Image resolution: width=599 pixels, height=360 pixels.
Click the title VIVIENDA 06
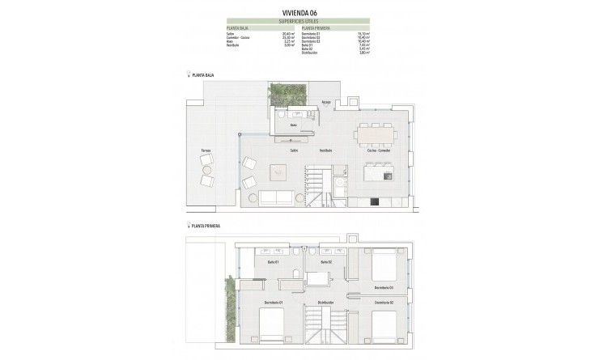299,12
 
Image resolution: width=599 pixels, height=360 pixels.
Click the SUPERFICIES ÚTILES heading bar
299,21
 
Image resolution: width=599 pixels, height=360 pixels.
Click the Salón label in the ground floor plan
284,150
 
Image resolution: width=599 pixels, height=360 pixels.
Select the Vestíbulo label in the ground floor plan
325,150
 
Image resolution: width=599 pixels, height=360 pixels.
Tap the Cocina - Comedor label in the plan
379,150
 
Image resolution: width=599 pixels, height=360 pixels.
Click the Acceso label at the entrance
325,103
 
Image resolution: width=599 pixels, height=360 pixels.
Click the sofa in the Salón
278,197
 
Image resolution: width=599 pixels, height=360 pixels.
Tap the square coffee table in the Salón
278,172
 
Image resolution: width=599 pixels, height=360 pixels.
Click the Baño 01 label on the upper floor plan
272,262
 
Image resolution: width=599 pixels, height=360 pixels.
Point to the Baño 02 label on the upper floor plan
325,262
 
